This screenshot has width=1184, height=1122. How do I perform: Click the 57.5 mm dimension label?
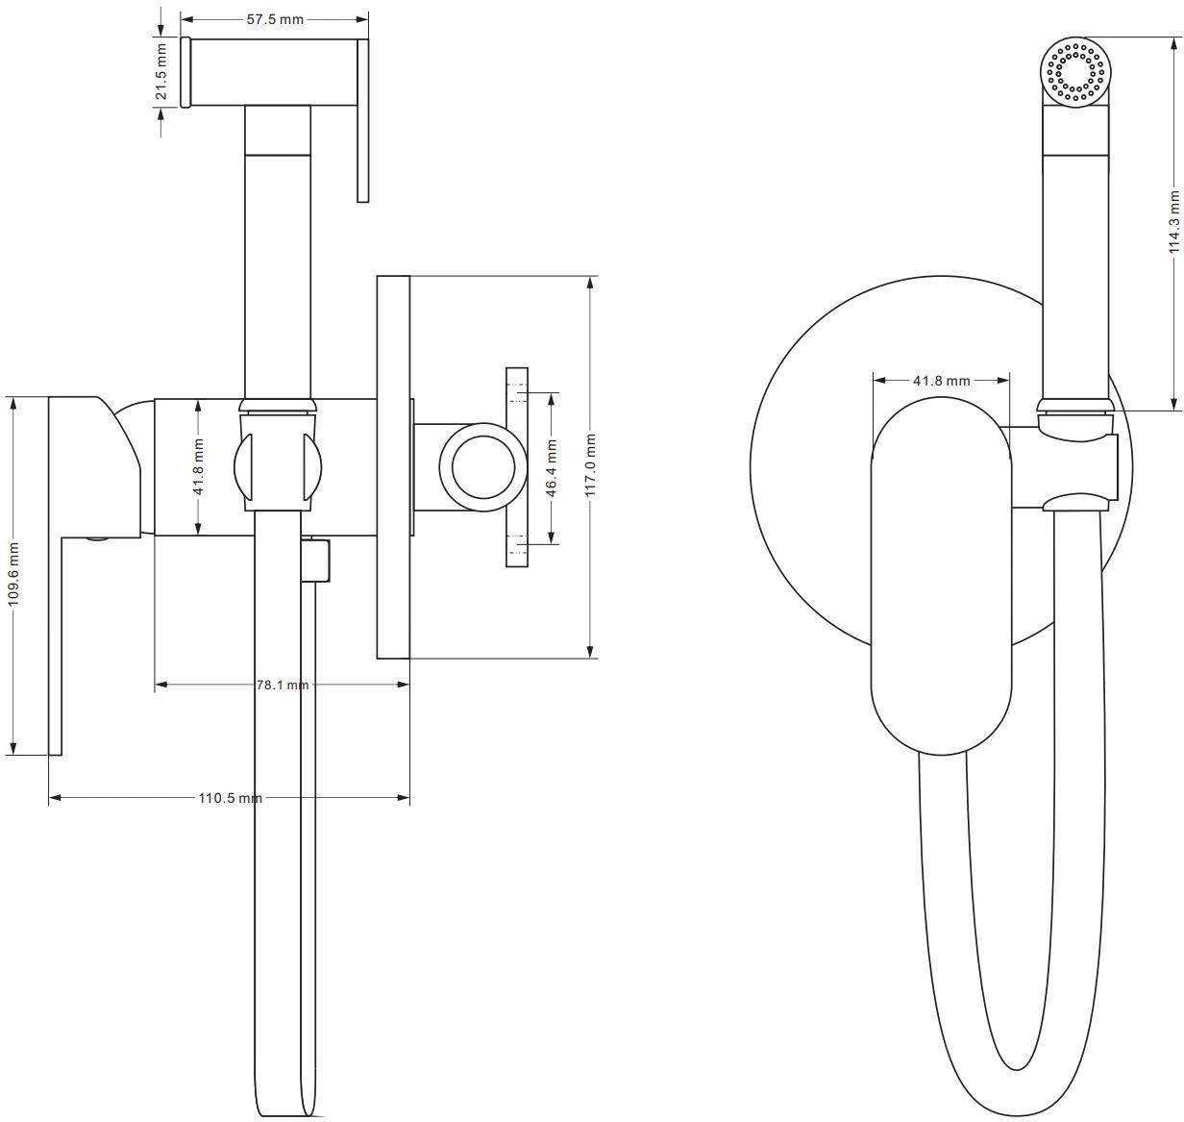(x=275, y=19)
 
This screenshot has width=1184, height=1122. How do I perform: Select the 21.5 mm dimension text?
(x=160, y=72)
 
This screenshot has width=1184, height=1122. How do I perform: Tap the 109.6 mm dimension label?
(x=13, y=574)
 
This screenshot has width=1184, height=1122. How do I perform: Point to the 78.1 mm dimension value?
(x=283, y=685)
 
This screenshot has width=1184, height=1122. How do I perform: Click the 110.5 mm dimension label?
(x=230, y=798)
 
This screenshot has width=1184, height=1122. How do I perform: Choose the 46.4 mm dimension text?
(x=551, y=468)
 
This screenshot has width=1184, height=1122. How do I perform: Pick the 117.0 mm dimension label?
(x=590, y=465)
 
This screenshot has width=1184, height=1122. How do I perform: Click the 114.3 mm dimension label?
(x=1174, y=222)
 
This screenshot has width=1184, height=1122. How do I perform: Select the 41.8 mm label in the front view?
(x=941, y=380)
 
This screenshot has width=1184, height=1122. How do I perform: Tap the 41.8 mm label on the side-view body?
(x=198, y=466)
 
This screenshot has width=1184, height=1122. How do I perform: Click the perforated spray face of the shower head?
(x=1075, y=72)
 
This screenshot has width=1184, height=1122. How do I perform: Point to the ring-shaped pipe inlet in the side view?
(x=483, y=467)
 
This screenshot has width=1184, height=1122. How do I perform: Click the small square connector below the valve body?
(x=316, y=561)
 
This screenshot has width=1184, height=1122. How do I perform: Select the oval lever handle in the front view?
(x=941, y=576)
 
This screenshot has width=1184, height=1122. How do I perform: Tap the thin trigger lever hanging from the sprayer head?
(x=362, y=120)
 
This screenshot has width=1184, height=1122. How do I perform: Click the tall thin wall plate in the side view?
(x=393, y=467)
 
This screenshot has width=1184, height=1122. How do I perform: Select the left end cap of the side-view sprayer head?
(x=185, y=72)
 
